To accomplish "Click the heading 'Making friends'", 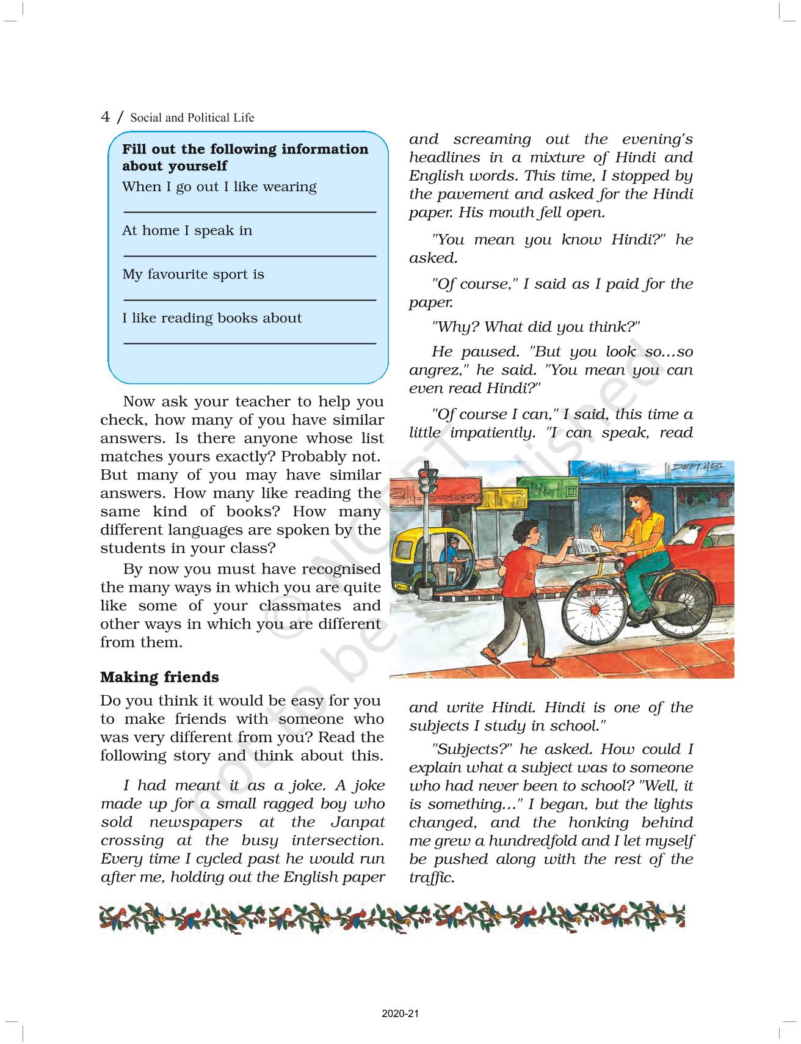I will (x=159, y=677).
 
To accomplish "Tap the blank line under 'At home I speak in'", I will (x=249, y=256).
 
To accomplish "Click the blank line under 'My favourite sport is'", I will (x=249, y=300).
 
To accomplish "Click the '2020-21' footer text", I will (x=400, y=1014).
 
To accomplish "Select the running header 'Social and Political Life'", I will (x=192, y=118).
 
